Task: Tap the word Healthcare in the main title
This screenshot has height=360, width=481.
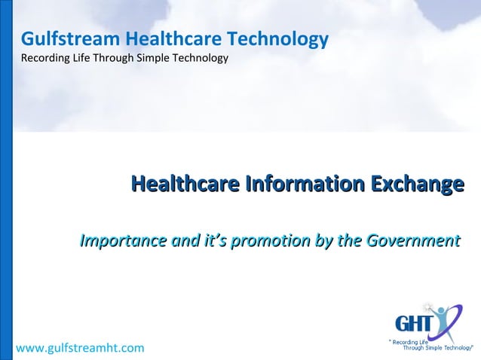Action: (182, 184)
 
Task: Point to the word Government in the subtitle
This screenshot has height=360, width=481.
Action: (412, 242)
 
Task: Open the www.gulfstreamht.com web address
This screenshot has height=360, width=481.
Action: (81, 348)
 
